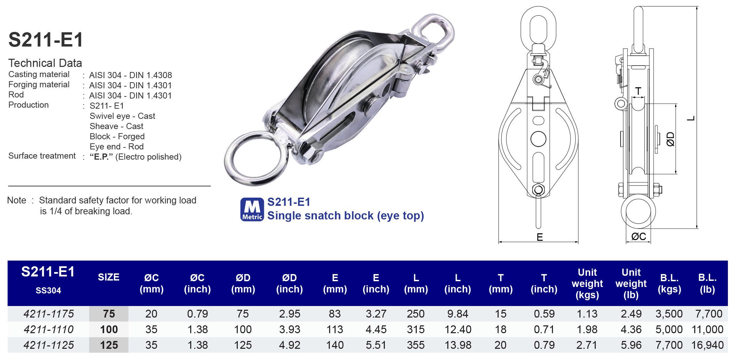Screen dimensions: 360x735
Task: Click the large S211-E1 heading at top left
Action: point(46,40)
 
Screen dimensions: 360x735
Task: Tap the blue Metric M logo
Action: point(252,209)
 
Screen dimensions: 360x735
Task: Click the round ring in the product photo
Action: point(256,158)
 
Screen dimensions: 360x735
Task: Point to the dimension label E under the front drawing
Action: point(540,237)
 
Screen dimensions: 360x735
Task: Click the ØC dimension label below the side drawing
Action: point(639,236)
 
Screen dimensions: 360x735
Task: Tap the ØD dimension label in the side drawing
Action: point(670,139)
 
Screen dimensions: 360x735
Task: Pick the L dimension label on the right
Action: point(691,118)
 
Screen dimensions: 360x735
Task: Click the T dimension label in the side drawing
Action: point(639,91)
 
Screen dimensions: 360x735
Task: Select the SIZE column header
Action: point(109,277)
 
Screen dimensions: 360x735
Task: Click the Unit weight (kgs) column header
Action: point(587,284)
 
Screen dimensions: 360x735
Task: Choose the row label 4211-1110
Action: point(49,329)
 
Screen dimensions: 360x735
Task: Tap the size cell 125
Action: point(109,345)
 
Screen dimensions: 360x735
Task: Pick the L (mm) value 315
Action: point(416,329)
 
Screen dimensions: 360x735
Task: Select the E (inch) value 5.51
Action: point(376,345)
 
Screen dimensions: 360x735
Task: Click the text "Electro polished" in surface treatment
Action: point(148,157)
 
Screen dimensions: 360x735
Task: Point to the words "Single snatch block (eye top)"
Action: point(345,216)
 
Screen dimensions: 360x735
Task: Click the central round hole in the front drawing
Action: point(538,139)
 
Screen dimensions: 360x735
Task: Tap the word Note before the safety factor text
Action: point(17,200)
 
